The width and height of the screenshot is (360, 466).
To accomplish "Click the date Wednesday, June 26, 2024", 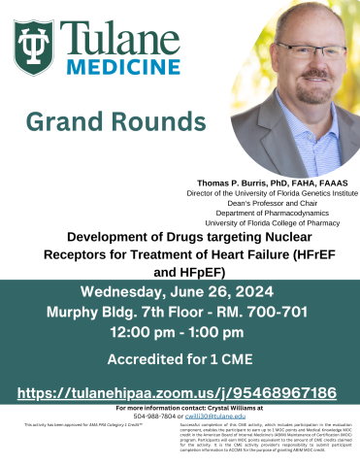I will coord(180,292).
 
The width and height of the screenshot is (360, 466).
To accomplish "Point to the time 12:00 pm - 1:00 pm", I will coord(180,331).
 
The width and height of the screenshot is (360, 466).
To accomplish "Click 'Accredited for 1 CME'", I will coord(180,357).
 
